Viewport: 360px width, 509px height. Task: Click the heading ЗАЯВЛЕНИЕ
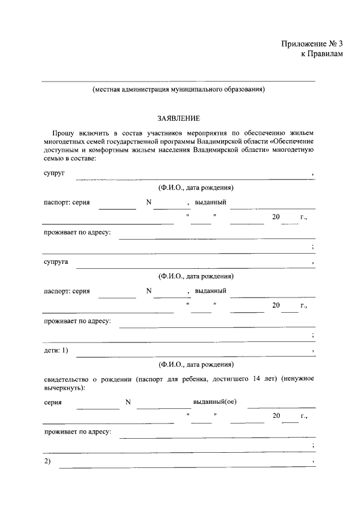click(x=178, y=119)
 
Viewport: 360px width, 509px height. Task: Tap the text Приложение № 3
click(x=312, y=44)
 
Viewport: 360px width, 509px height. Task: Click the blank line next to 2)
click(x=186, y=467)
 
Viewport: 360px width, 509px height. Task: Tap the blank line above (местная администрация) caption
click(x=178, y=81)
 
